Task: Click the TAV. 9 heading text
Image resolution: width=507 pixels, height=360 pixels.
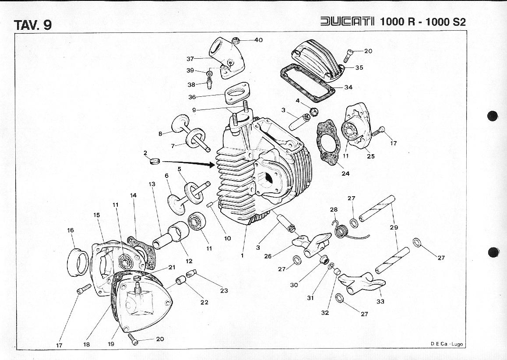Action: (x=33, y=25)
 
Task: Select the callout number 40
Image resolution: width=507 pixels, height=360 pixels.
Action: (x=258, y=40)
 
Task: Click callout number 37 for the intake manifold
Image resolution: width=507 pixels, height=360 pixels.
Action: (x=190, y=58)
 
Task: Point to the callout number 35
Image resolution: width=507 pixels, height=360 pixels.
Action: (x=359, y=68)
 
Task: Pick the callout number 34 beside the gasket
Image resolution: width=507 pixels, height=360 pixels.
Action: (x=348, y=87)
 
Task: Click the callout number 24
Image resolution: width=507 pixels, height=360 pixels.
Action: (x=346, y=173)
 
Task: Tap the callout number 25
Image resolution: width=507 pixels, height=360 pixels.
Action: (x=371, y=156)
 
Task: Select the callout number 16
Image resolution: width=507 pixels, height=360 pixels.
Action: (x=70, y=230)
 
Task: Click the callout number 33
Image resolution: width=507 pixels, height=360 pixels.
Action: (x=380, y=301)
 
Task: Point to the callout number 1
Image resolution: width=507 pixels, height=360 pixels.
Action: (x=242, y=256)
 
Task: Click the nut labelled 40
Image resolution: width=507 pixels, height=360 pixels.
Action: (x=235, y=41)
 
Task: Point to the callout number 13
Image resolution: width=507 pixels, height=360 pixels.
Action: (x=152, y=184)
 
